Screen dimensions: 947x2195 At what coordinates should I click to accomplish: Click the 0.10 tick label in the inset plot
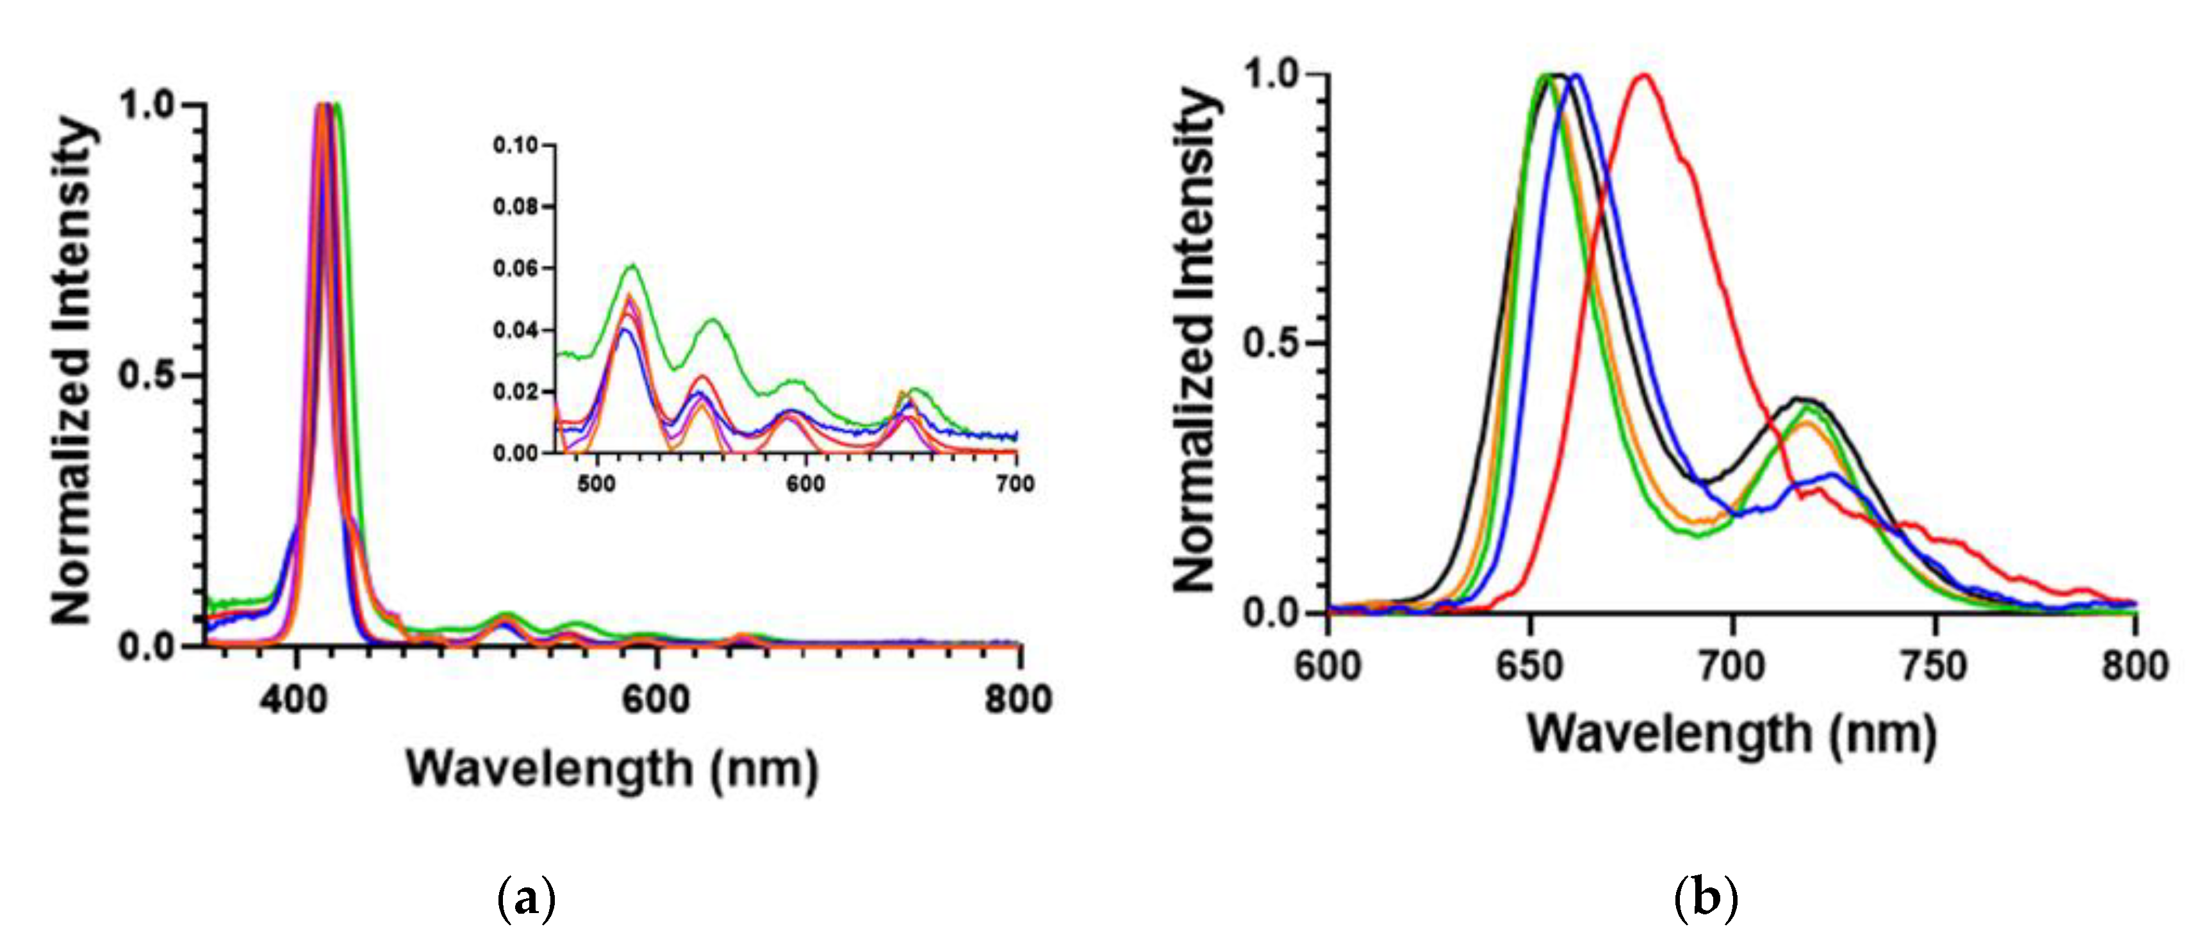(x=516, y=145)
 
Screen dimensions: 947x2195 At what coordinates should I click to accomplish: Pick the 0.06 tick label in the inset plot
(x=516, y=269)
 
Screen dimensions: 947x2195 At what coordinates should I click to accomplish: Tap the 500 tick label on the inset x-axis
(x=596, y=483)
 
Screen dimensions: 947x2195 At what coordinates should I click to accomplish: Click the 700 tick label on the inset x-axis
(x=1015, y=483)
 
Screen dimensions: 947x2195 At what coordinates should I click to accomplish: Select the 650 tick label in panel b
(x=1529, y=665)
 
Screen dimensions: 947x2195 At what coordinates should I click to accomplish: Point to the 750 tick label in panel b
(x=1934, y=665)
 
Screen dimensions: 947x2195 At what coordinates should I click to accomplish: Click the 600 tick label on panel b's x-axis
(x=1328, y=665)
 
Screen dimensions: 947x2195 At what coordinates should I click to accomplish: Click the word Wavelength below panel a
(x=550, y=768)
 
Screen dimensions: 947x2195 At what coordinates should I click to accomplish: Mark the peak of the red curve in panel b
(x=1645, y=76)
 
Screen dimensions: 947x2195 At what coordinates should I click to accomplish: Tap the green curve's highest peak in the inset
(x=632, y=266)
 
